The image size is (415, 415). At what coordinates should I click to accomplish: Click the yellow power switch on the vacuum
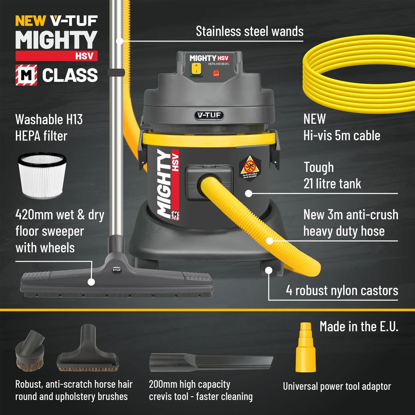tap(196, 69)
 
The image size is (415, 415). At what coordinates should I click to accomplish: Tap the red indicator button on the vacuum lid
tap(216, 73)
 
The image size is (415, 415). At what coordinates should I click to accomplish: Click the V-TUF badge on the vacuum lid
tap(209, 115)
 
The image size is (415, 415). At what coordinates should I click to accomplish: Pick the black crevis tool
tap(211, 363)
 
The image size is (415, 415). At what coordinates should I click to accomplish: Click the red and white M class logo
tap(26, 75)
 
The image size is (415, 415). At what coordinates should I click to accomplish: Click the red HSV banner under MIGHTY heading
tap(56, 56)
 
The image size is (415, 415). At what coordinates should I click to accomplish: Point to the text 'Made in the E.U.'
tap(359, 326)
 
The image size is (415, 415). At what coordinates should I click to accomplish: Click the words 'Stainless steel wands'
tap(249, 31)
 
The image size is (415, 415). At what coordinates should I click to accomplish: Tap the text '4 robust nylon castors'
tap(342, 290)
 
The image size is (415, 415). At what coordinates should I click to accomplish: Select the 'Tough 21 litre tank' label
tap(332, 175)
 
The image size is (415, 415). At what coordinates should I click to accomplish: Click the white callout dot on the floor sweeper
tap(91, 282)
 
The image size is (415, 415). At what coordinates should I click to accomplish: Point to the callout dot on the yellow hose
tap(269, 241)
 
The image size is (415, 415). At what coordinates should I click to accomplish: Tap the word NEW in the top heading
tap(30, 21)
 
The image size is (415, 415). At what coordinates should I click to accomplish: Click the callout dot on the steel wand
tap(120, 41)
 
